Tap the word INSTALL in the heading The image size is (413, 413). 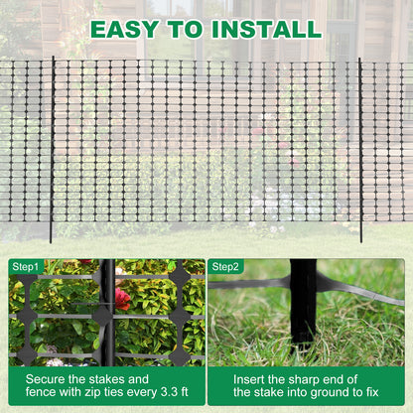(266, 28)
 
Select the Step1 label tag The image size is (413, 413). (26, 266)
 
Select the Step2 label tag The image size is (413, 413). (226, 266)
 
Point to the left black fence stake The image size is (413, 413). (51, 149)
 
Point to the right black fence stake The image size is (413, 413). (360, 149)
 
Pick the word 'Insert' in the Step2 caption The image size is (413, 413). (254, 378)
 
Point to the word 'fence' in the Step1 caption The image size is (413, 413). (45, 395)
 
